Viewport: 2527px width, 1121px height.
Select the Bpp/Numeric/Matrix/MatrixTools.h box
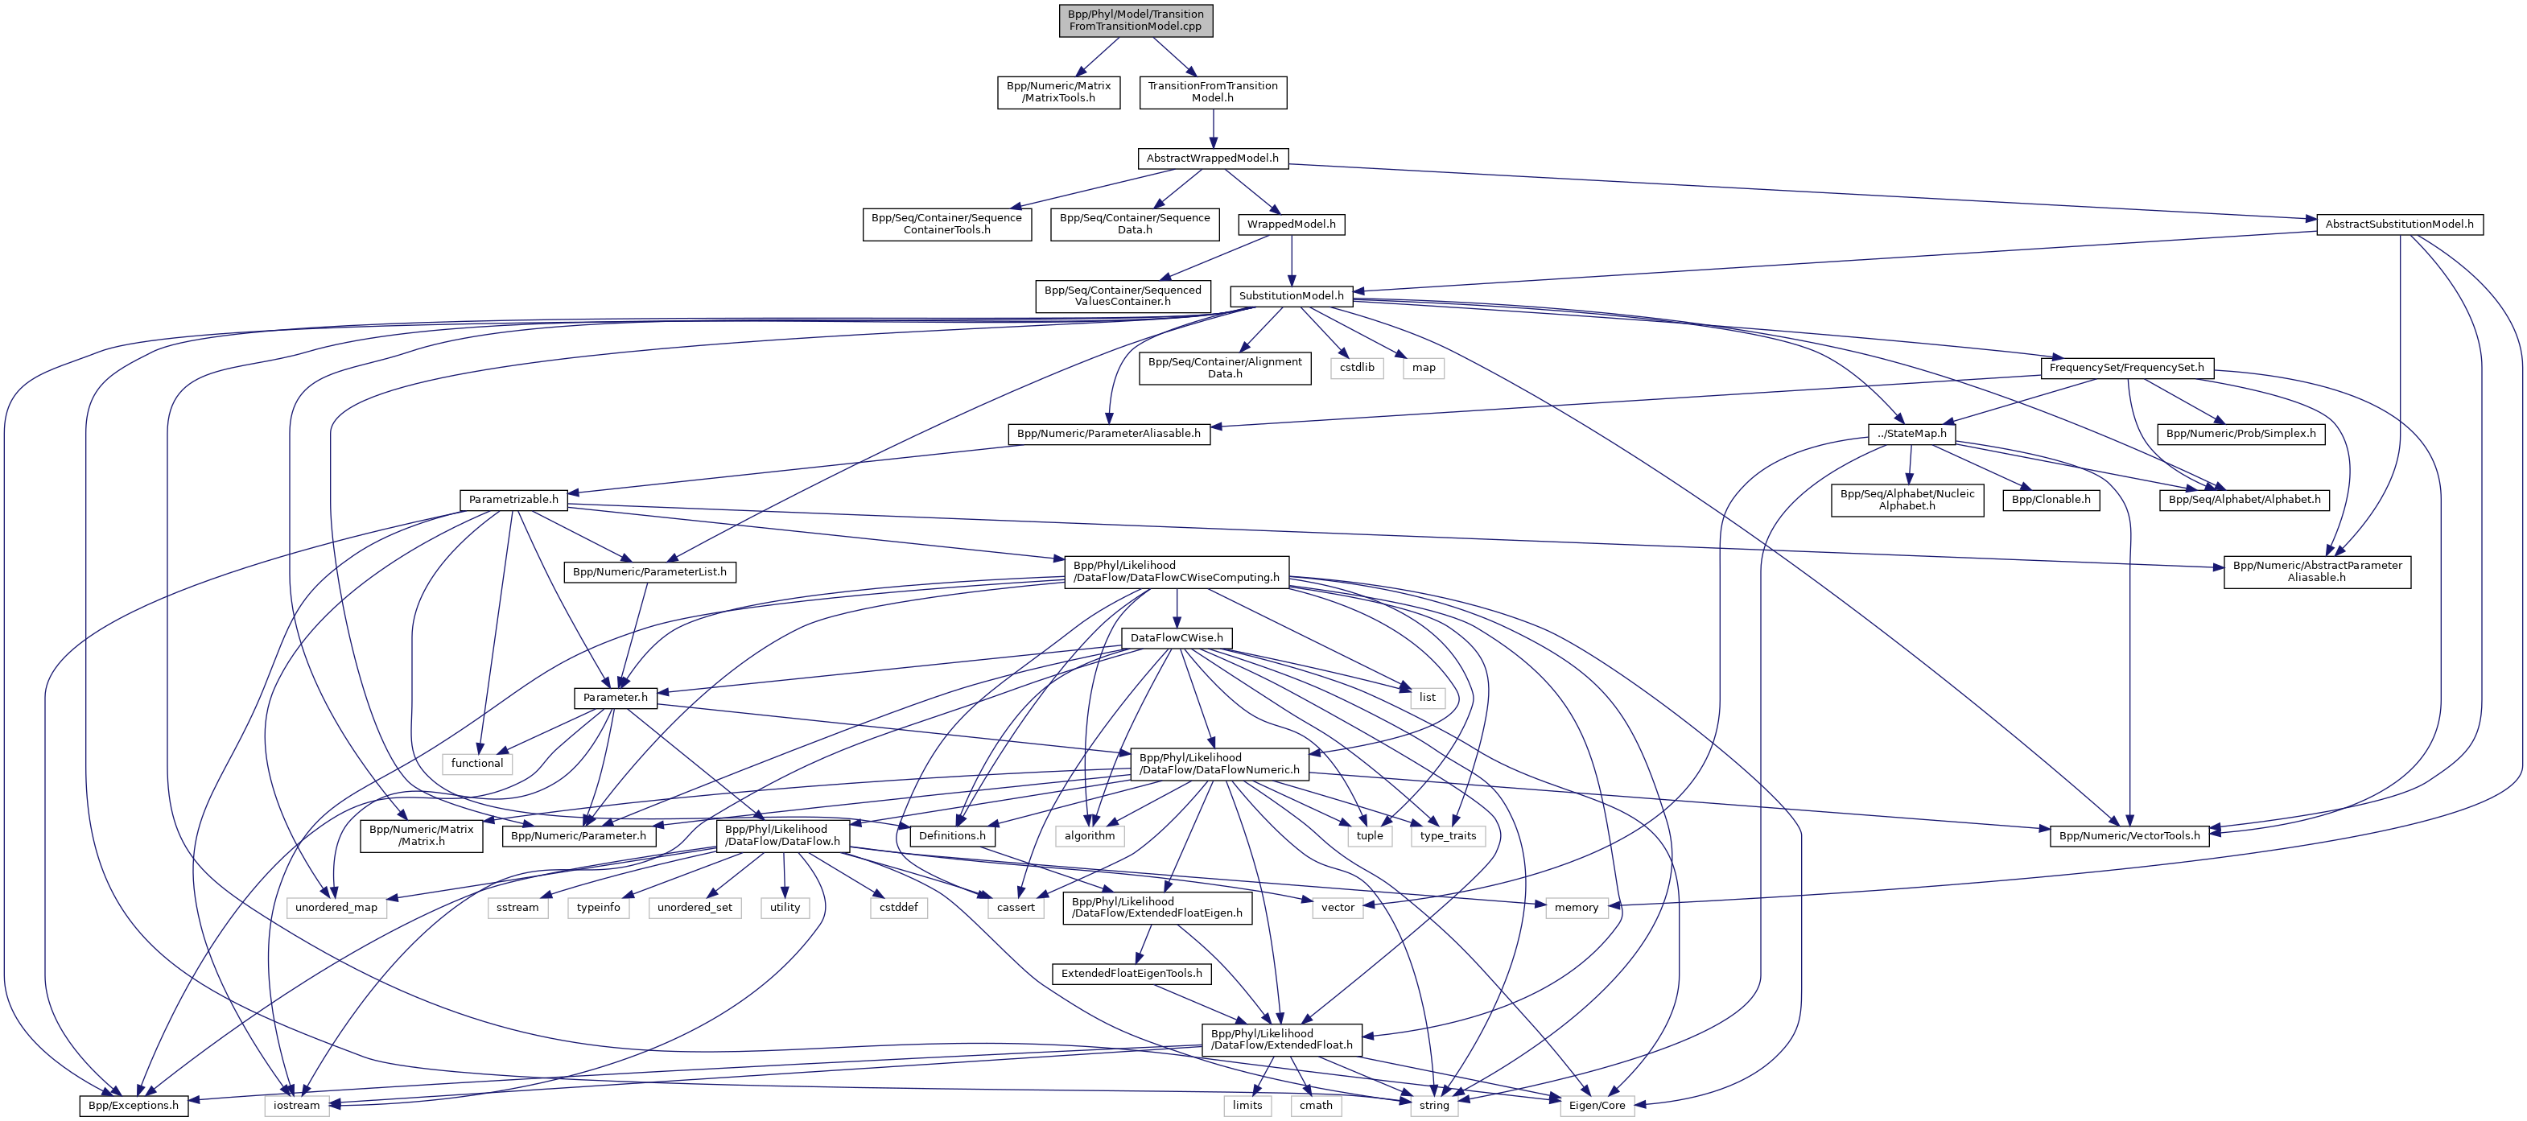point(1058,93)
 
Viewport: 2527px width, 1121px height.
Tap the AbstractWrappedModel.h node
point(1213,158)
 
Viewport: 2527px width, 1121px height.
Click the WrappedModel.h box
point(1291,225)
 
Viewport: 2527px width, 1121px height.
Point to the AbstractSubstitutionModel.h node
point(2398,225)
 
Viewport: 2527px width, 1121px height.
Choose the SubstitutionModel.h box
point(1291,296)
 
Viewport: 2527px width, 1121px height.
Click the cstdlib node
point(1358,368)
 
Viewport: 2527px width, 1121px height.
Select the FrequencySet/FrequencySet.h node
point(2125,368)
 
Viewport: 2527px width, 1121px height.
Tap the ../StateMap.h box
point(1911,434)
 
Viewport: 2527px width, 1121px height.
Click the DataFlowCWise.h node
point(1177,638)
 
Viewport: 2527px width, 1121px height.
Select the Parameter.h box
point(615,699)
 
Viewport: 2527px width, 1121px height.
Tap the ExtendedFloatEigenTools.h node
point(1131,974)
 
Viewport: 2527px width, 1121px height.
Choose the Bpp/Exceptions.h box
point(134,1107)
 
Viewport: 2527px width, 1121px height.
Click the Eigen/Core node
point(1596,1107)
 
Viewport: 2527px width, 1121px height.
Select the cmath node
point(1316,1107)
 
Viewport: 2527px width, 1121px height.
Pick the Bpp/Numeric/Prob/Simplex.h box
point(2240,434)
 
